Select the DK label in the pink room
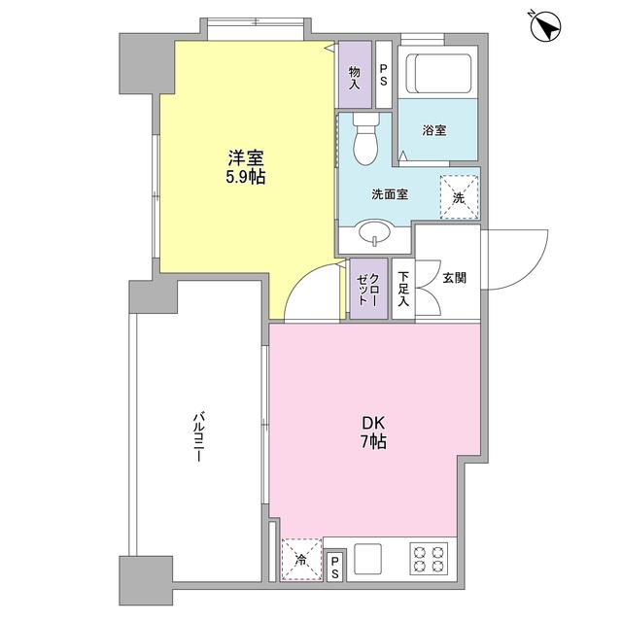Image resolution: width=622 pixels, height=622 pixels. coord(374,423)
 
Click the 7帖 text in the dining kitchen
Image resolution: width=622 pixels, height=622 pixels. coord(374,442)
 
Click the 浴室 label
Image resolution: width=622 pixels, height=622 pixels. coord(434,130)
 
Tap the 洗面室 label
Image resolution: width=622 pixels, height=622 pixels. coord(389,193)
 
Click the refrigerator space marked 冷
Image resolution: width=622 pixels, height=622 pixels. coord(301,559)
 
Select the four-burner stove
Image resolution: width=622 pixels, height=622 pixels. coord(430,557)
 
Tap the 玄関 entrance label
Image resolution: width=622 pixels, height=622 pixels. coord(454,278)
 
